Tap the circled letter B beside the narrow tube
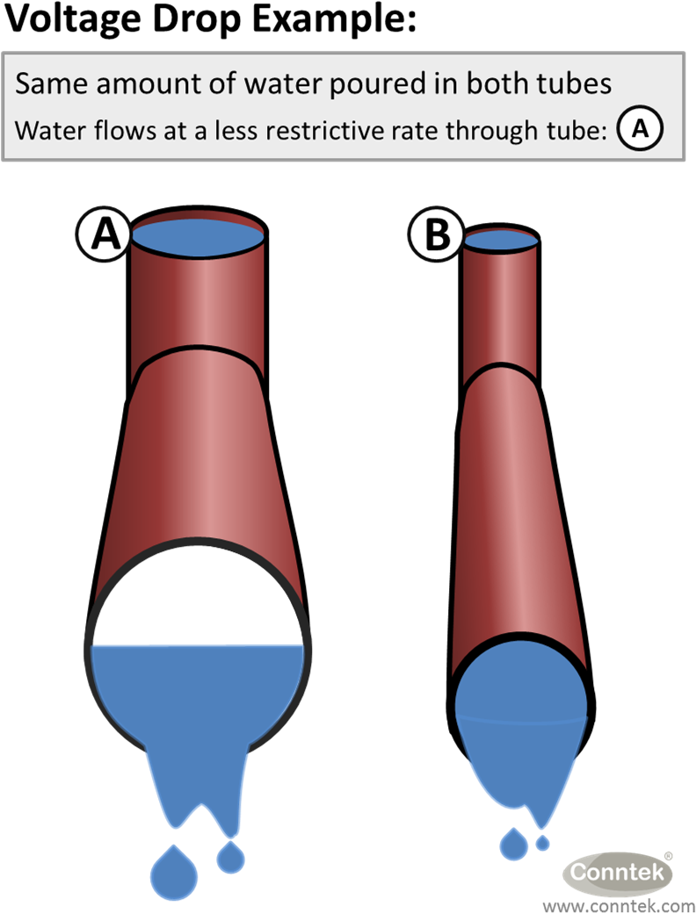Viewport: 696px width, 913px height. (437, 236)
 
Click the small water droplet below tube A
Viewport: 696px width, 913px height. (231, 857)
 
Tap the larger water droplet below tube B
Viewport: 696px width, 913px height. (513, 845)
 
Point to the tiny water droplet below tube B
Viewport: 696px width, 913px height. (543, 843)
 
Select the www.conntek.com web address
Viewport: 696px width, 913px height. (619, 905)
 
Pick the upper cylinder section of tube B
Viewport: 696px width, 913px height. (500, 307)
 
